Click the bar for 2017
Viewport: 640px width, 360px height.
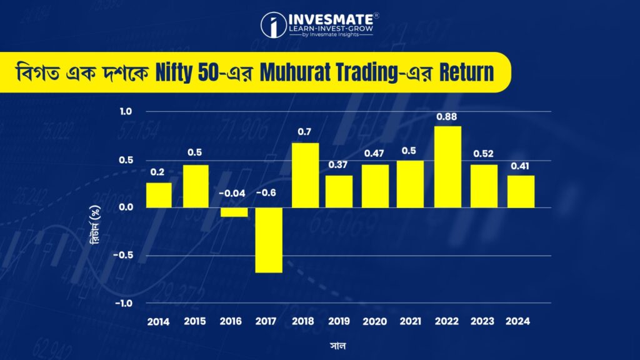(x=269, y=240)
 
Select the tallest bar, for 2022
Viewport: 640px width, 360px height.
(x=447, y=167)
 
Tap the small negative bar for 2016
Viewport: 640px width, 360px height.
(x=232, y=212)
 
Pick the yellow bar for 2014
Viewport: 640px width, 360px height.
(x=159, y=195)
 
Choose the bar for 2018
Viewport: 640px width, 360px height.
(x=304, y=175)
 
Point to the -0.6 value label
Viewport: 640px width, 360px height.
(x=268, y=193)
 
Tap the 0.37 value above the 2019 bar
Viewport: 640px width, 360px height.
(x=339, y=165)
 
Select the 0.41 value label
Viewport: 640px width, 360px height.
(x=520, y=166)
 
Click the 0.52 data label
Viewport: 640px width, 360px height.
(x=484, y=154)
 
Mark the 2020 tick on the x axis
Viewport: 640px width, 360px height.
(x=375, y=322)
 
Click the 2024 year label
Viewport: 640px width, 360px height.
(x=519, y=322)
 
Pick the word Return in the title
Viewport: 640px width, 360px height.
(x=464, y=72)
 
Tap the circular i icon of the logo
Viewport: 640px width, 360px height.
(x=273, y=25)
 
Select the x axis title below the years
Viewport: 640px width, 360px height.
(x=340, y=344)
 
